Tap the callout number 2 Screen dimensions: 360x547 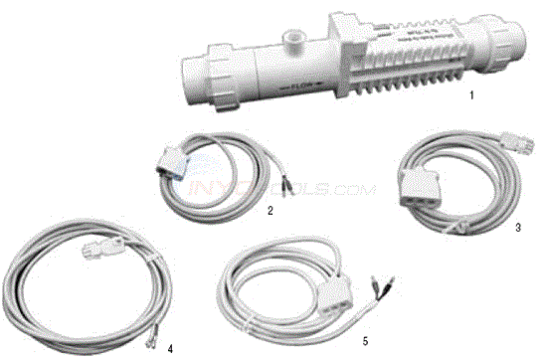(270, 210)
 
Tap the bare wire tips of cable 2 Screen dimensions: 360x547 (287, 182)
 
